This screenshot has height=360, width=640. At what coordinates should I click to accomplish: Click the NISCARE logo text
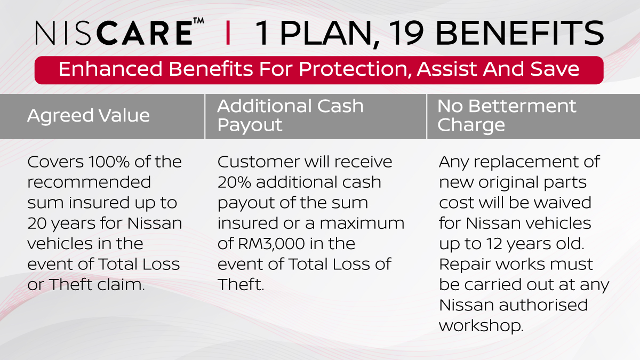pos(114,33)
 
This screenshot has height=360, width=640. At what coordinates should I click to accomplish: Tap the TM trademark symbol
pos(198,21)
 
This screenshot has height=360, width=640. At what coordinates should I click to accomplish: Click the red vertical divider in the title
pos(228,33)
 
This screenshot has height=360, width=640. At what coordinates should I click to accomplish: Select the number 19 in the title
pos(405,33)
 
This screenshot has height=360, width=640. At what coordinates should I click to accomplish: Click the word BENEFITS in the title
pos(519,33)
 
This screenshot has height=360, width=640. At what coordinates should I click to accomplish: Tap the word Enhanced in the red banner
pos(110,69)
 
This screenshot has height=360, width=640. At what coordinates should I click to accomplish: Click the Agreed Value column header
pos(89,115)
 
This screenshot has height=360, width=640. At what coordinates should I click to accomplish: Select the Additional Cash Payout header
pos(290,115)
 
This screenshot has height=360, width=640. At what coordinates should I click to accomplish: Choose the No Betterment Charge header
pos(507,115)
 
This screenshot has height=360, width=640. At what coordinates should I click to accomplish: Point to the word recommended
pos(89,182)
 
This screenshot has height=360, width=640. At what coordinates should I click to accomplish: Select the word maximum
pos(361,223)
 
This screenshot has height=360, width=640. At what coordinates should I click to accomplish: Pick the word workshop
pos(481,326)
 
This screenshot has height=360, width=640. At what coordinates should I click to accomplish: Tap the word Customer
pos(259,162)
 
